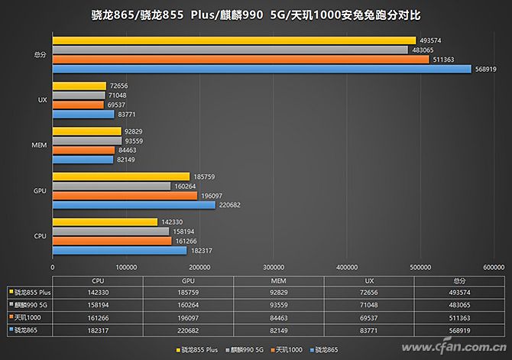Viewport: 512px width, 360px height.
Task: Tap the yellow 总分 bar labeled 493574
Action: pos(234,41)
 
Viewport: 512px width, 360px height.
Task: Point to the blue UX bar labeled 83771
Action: pos(83,115)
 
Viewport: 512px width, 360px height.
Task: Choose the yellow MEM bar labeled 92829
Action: pos(86,131)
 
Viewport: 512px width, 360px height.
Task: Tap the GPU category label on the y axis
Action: pos(41,191)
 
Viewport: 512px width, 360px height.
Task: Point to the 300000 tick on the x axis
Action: pos(273,268)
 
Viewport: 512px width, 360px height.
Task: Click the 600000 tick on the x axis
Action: pos(494,268)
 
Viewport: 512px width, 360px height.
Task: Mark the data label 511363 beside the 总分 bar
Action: pos(442,60)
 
